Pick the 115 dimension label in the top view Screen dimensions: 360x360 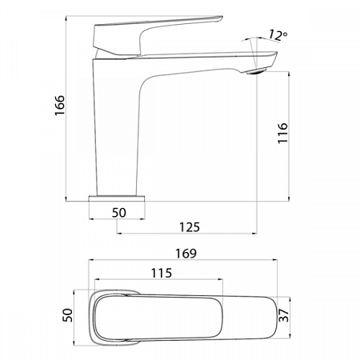click(x=160, y=274)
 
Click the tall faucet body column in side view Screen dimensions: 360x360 click(x=120, y=128)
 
